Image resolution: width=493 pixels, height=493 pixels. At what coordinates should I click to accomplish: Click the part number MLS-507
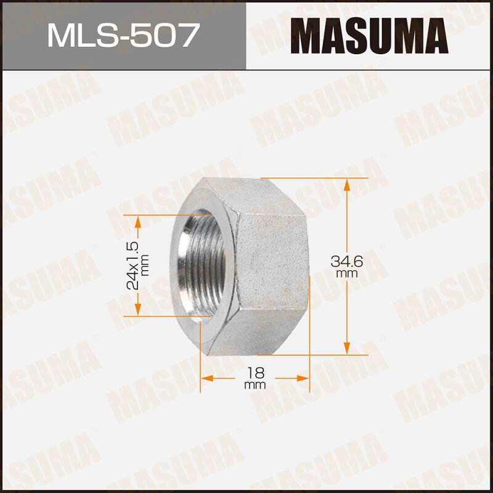[x=123, y=35]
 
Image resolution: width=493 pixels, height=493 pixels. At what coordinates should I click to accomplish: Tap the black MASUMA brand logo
[x=370, y=35]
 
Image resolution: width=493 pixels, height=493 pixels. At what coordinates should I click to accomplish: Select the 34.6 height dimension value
[x=348, y=261]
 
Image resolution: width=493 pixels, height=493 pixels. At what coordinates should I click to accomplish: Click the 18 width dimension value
[x=255, y=373]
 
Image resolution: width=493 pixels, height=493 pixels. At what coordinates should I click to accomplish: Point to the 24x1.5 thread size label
[x=131, y=266]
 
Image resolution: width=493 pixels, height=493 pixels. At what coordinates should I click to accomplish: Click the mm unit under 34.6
[x=348, y=272]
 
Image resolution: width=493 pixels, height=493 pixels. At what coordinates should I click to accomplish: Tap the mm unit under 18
[x=255, y=385]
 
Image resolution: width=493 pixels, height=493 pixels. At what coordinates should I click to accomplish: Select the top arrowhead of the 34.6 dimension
[x=348, y=184]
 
